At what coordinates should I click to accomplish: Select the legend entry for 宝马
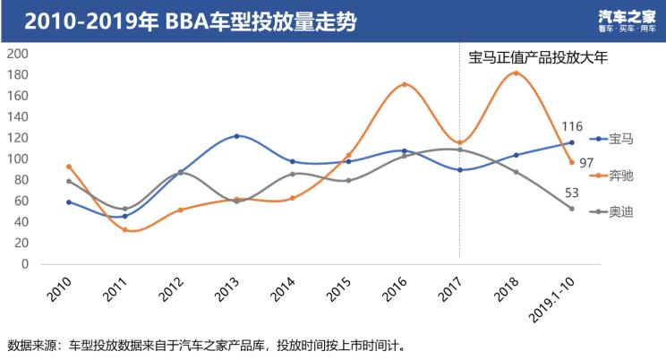612,140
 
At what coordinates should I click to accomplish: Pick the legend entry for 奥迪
612,210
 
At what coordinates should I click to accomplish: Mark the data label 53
572,193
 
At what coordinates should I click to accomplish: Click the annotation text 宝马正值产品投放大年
538,58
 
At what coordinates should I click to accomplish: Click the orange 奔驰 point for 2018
516,73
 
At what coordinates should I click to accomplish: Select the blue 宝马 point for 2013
237,136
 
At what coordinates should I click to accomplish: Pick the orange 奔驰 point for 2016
405,85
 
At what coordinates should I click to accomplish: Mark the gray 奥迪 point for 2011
125,209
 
